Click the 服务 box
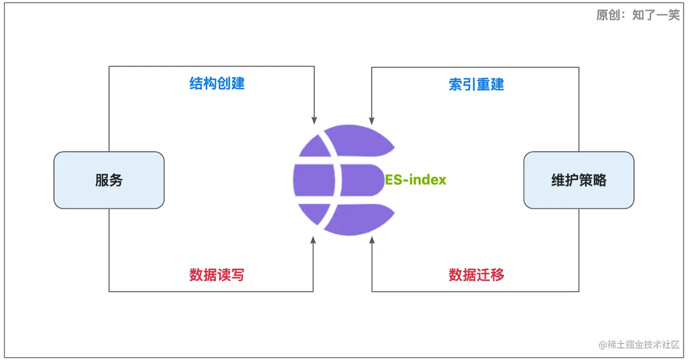pos(109,180)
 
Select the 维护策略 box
pos(579,180)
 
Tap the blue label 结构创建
pos(217,84)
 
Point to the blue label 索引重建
pos(476,84)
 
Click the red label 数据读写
pos(217,275)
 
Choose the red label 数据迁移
pos(476,275)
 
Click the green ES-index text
pos(416,180)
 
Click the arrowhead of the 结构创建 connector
pos(314,121)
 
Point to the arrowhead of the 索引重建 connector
pos(372,121)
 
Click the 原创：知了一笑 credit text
pos(638,15)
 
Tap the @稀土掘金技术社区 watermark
pos(639,345)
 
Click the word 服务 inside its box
pos(109,180)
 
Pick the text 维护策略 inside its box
pos(579,180)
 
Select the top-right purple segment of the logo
pos(361,140)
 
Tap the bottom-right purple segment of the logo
pos(361,220)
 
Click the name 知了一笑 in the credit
pos(656,15)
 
